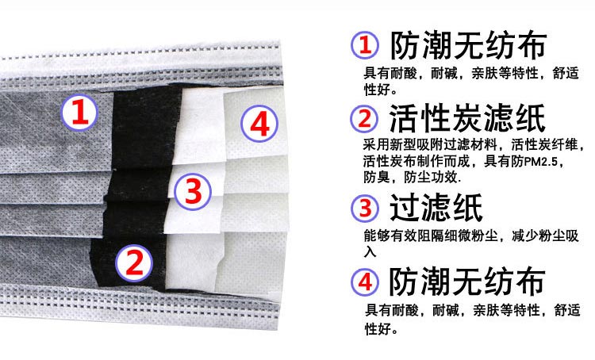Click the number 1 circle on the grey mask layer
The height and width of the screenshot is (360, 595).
79,113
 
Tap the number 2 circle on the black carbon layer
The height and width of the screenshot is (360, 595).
134,263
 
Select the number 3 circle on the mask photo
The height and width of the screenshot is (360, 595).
193,191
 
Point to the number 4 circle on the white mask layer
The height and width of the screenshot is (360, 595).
259,124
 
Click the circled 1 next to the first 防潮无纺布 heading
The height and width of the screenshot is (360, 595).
365,44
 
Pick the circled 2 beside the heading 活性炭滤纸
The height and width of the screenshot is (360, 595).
364,119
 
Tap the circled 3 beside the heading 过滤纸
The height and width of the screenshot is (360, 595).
365,209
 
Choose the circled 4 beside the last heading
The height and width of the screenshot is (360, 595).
365,281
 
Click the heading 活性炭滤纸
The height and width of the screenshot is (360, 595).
467,118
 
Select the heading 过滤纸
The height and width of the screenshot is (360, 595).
436,207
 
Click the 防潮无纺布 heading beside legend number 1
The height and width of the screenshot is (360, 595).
469,45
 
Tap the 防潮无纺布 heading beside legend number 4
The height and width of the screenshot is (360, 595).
467,281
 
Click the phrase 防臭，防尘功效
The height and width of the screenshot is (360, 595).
412,177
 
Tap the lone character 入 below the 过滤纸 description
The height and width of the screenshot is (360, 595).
370,251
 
